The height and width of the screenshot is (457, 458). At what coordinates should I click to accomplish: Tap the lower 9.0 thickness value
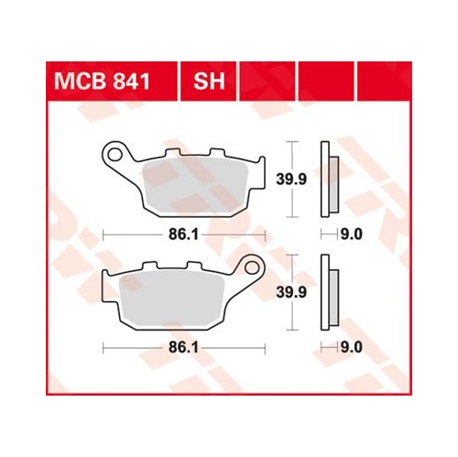[351, 349]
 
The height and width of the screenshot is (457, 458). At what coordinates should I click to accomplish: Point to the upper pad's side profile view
[328, 180]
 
